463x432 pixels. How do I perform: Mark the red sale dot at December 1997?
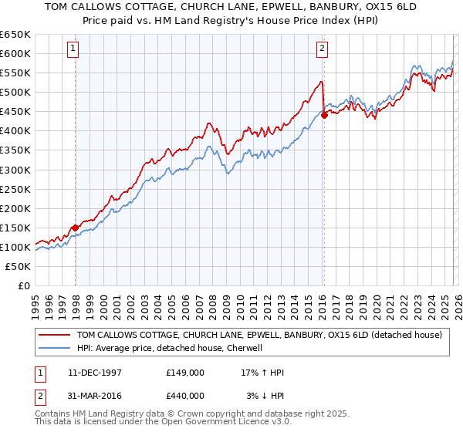[x=75, y=228]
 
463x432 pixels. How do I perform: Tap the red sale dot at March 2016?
[x=324, y=115]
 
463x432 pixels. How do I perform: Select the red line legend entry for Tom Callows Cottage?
[x=259, y=335]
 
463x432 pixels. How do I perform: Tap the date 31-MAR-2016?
[x=90, y=396]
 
